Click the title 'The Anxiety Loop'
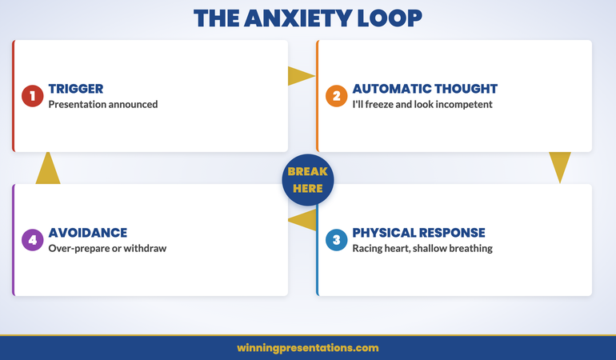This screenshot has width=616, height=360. (x=308, y=18)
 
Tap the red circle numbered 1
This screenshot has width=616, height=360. (x=33, y=96)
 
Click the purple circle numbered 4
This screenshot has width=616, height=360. (x=33, y=240)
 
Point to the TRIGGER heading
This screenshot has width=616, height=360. (x=75, y=89)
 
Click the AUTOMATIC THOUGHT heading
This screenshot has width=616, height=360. (x=425, y=89)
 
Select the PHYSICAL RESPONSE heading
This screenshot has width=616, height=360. (x=418, y=233)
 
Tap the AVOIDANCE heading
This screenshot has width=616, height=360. (x=87, y=233)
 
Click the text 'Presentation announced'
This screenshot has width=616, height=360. (x=102, y=104)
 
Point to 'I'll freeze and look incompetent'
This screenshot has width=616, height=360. (x=422, y=104)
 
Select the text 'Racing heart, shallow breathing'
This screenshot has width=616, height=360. (x=422, y=248)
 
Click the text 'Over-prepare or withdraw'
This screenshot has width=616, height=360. (x=106, y=248)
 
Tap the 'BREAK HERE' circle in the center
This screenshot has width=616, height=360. (x=307, y=180)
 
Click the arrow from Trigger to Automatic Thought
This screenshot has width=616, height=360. (x=300, y=76)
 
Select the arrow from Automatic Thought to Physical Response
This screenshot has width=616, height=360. (x=560, y=166)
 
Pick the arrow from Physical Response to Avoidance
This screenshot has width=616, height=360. (x=303, y=220)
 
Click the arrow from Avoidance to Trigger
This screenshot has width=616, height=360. (x=48, y=169)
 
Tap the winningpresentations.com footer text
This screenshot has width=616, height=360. (x=308, y=348)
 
